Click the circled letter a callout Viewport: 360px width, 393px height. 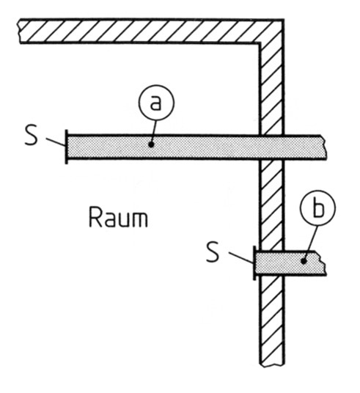click(x=156, y=103)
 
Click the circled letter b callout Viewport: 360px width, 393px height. click(x=318, y=207)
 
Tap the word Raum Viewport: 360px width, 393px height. click(x=118, y=217)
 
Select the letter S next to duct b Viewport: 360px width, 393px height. click(x=213, y=252)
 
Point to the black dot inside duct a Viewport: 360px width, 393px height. click(x=150, y=144)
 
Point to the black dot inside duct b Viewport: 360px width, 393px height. click(x=304, y=261)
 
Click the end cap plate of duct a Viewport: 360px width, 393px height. click(x=67, y=147)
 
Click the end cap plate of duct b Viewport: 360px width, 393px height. click(x=254, y=263)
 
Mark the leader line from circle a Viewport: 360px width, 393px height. click(x=154, y=131)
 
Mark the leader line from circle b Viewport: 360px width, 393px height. click(x=311, y=243)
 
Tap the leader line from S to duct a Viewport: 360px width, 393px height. click(x=56, y=142)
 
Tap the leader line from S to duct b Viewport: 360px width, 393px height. click(x=240, y=257)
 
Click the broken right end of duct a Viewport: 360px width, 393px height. click(x=324, y=147)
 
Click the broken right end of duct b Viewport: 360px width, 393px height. click(x=323, y=263)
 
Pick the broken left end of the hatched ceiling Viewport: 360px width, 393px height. click(x=20, y=31)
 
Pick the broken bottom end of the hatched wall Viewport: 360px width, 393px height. click(x=272, y=364)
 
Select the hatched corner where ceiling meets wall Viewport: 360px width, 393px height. click(x=272, y=31)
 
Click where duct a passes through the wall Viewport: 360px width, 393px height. click(x=271, y=147)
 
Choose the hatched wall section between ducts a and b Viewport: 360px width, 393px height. click(x=271, y=205)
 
